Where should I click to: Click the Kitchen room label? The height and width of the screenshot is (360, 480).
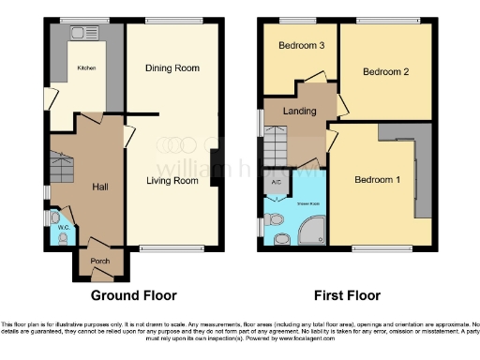[86, 67]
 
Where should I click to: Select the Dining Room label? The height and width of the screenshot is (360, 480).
[172, 67]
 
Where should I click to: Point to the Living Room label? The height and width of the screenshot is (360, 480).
[172, 181]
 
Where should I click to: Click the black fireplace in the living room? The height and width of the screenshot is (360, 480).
[215, 168]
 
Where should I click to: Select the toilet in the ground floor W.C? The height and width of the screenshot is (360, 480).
[63, 239]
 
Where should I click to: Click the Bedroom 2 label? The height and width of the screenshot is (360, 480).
[385, 72]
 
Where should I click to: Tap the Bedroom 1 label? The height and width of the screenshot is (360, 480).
[377, 180]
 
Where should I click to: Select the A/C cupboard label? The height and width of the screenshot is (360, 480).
[277, 182]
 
